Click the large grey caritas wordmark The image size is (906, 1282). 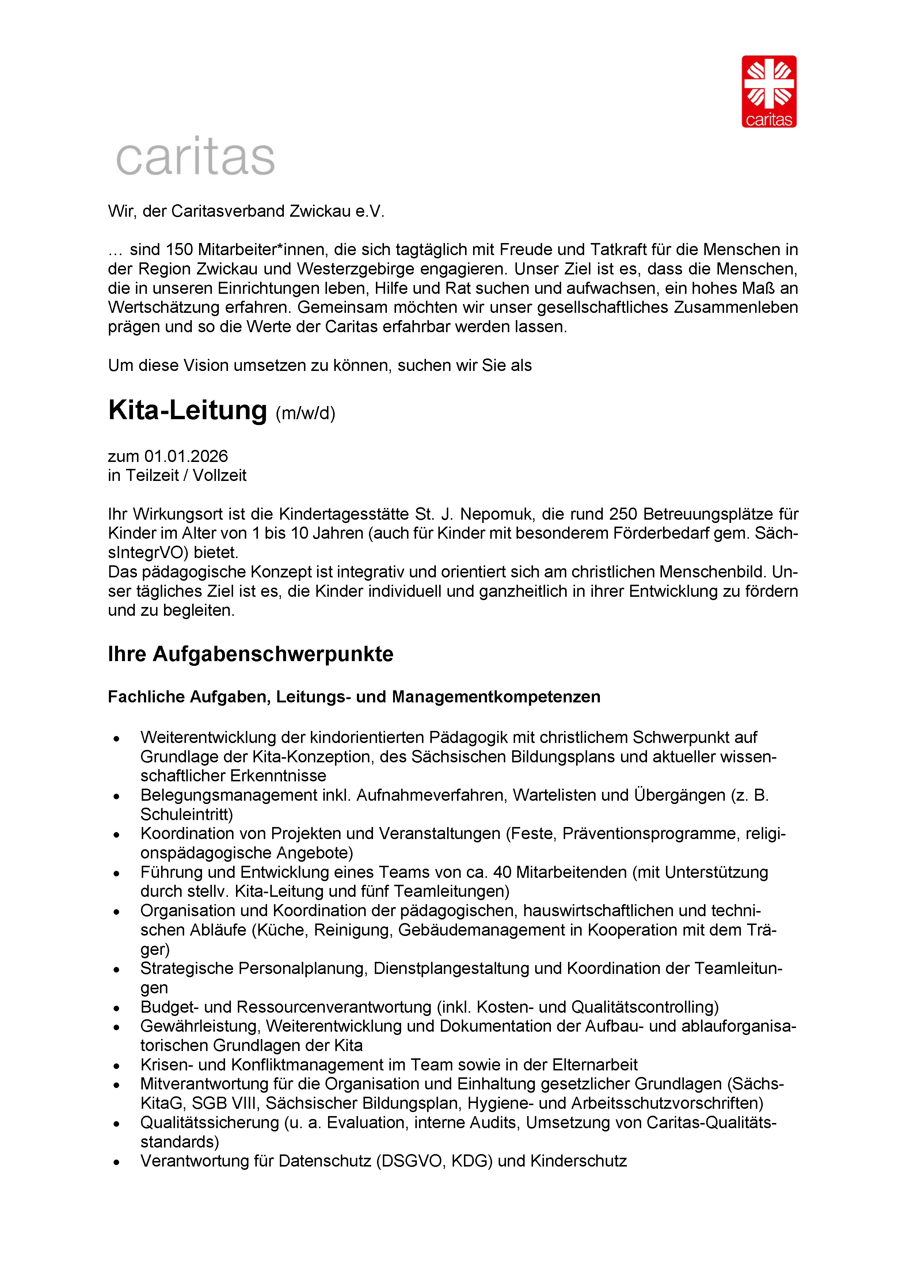click(195, 156)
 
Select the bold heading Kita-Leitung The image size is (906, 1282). click(187, 410)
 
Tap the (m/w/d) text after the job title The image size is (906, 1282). click(305, 414)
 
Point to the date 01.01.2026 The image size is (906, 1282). click(186, 456)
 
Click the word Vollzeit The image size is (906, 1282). click(220, 476)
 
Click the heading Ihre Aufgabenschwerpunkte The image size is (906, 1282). click(250, 654)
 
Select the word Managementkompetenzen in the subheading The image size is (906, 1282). click(496, 697)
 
